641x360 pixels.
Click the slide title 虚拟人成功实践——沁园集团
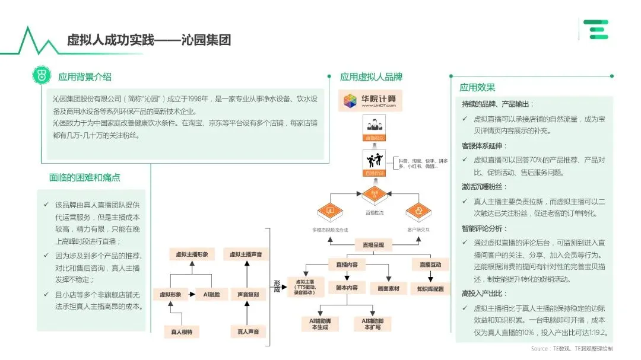point(148,40)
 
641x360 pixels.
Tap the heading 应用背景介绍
point(84,77)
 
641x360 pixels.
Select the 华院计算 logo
point(370,99)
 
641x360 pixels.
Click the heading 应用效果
point(477,87)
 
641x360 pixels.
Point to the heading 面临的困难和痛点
point(85,177)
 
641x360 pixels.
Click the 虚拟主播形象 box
point(192,254)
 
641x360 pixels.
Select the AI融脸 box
point(212,294)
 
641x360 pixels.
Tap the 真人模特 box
point(182,332)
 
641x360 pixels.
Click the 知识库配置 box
point(430,289)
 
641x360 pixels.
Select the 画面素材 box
point(388,289)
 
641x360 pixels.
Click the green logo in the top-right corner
point(595,29)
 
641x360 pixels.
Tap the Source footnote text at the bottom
point(572,349)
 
